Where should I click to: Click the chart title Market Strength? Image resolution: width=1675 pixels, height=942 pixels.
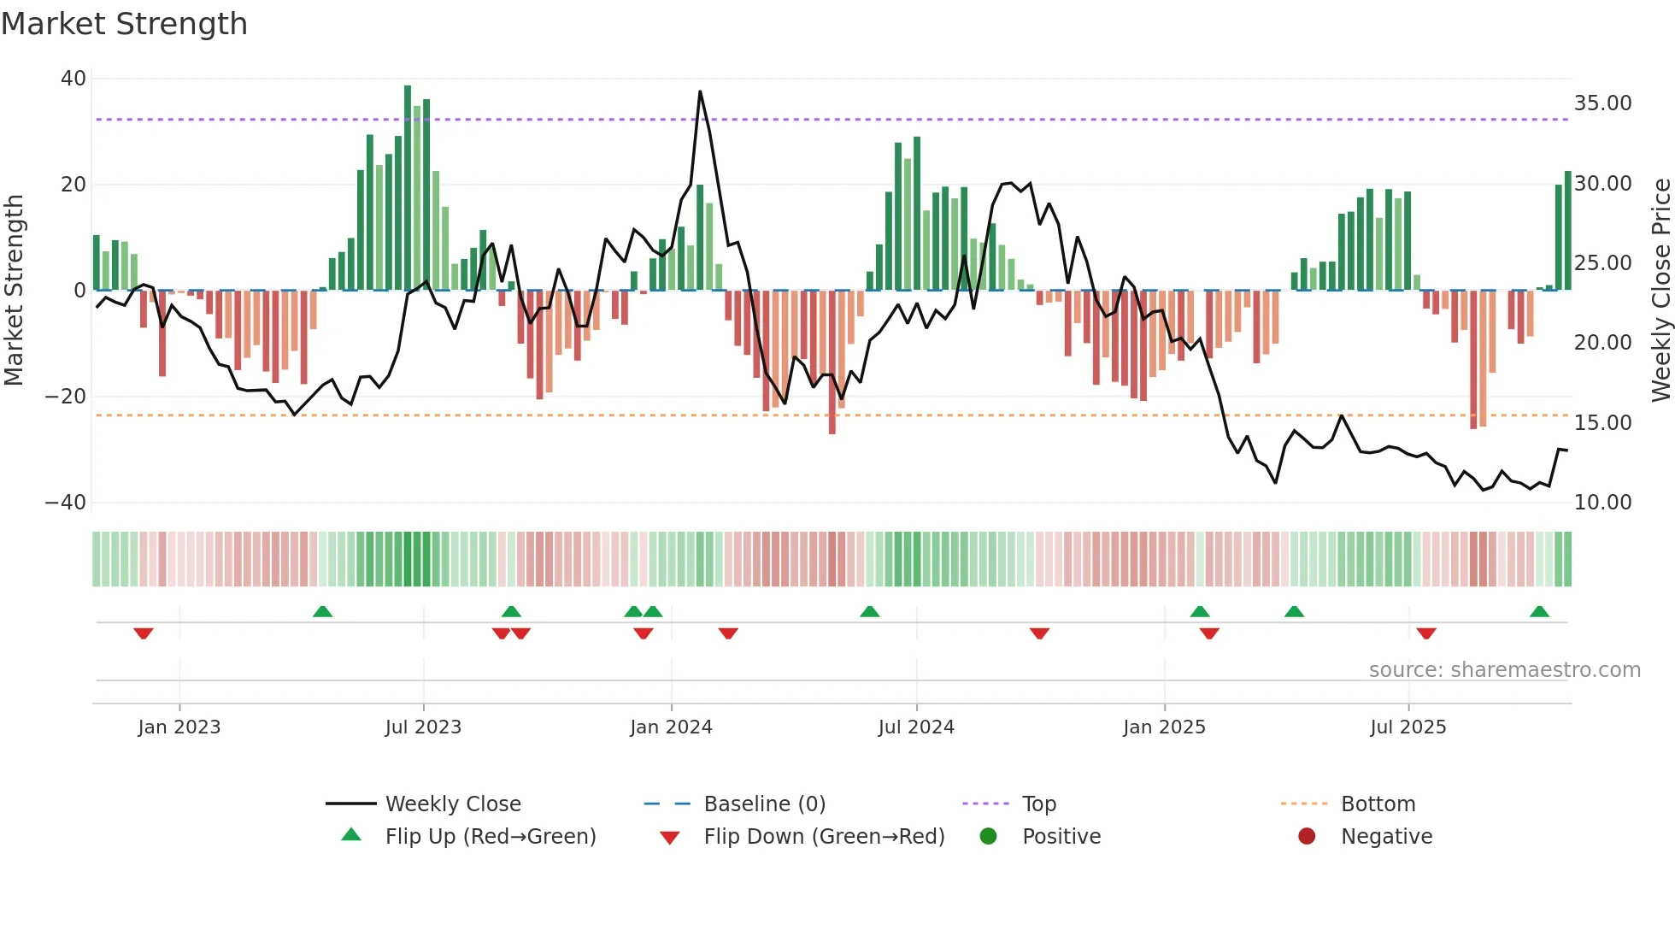point(124,24)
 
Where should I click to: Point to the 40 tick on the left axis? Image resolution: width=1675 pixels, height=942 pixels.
point(73,79)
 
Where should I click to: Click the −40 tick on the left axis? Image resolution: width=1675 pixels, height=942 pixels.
point(67,503)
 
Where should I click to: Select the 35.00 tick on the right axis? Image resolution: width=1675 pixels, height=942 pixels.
point(1602,103)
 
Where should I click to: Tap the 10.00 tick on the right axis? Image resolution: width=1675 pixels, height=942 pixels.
point(1602,503)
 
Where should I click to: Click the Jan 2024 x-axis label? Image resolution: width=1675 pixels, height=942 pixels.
point(671,727)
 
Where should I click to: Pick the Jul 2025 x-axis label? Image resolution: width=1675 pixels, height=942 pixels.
point(1408,727)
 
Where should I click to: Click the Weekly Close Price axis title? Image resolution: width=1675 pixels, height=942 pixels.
point(1660,291)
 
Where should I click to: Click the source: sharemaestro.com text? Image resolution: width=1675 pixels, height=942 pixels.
point(1504,670)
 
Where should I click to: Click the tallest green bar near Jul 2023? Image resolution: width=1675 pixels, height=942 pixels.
point(408,188)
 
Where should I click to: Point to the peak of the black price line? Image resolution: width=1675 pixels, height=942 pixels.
point(700,91)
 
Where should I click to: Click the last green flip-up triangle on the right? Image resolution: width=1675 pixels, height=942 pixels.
point(1539,612)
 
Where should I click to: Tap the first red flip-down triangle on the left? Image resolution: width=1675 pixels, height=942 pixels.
point(144,633)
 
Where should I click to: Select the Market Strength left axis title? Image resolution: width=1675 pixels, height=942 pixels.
point(15,291)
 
